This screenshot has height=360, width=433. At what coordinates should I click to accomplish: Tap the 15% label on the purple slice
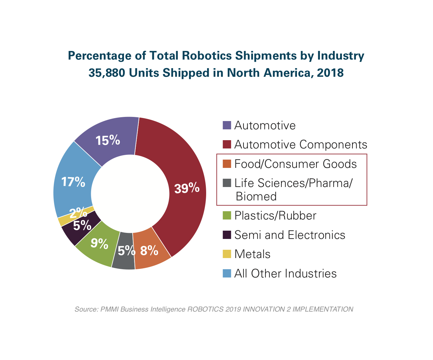coord(108,140)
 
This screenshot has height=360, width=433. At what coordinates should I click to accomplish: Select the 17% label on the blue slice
coord(73,182)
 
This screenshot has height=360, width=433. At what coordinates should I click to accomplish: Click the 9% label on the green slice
coord(99,244)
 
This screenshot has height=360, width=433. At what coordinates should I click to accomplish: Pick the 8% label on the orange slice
coord(149,251)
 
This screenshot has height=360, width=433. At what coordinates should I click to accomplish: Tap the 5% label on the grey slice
coord(126,251)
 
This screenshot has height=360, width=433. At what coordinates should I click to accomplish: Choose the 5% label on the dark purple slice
coord(82,226)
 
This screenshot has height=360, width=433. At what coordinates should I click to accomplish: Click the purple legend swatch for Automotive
coord(227,126)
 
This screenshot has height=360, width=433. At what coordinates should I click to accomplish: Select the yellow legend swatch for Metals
coord(227,254)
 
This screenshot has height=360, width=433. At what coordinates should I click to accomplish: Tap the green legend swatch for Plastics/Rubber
coord(227,216)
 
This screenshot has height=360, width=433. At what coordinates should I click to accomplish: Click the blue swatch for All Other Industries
coord(227,273)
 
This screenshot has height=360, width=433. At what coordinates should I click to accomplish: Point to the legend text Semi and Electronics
coord(290,235)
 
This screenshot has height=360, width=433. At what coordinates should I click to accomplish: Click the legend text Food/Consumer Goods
coord(295,164)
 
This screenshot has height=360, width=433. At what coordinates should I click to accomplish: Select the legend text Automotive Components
coord(300,145)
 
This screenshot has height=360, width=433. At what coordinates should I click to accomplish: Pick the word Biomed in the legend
coord(256,197)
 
